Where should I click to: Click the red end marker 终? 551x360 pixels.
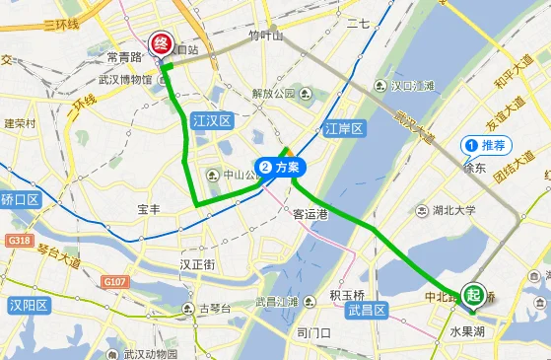click(x=159, y=42)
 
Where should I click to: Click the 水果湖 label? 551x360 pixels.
click(x=468, y=332)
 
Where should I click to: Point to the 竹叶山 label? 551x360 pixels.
click(x=265, y=35)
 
